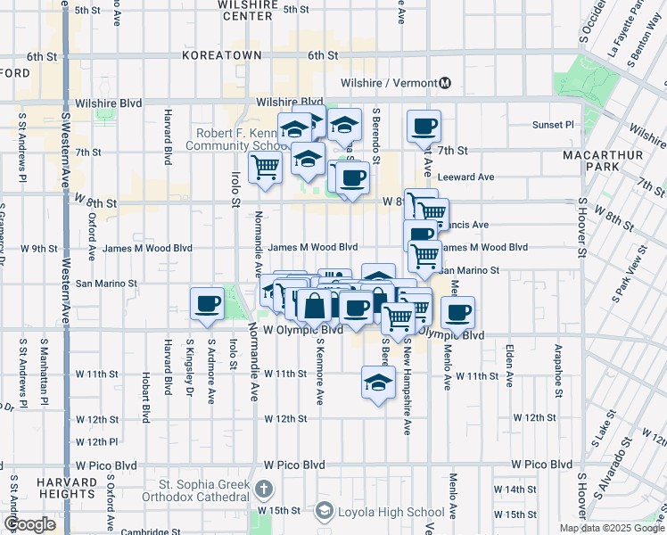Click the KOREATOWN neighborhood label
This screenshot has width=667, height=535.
[222, 55]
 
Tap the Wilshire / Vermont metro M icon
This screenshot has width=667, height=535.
[444, 84]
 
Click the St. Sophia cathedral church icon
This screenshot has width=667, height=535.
[263, 490]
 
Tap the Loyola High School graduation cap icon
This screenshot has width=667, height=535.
[324, 512]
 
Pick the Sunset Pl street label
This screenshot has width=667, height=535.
[553, 125]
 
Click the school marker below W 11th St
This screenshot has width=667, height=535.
[378, 383]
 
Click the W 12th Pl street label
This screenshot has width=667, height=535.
[97, 442]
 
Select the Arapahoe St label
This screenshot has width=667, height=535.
[558, 365]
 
